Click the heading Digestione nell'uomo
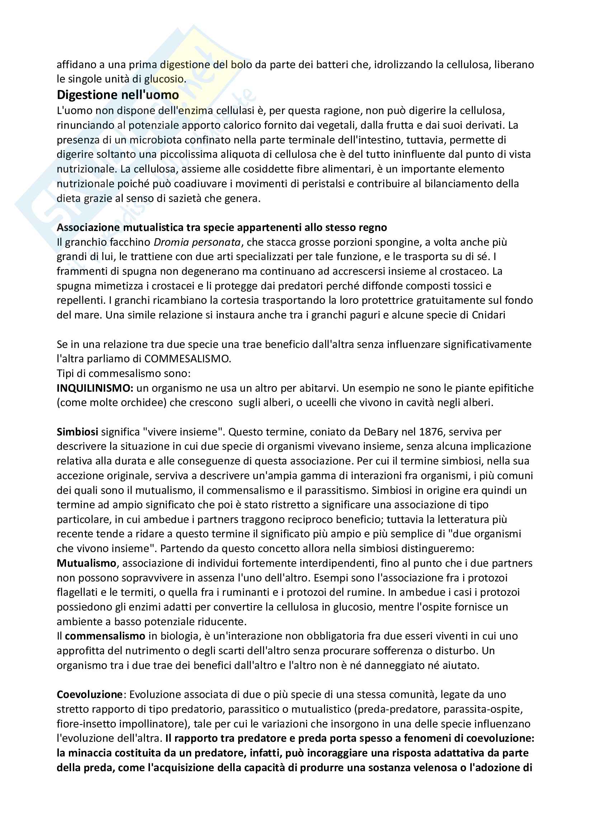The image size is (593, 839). pos(118,95)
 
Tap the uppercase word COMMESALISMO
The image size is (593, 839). pos(187,359)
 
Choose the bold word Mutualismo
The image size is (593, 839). pos(86,563)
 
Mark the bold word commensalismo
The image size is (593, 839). pos(105,636)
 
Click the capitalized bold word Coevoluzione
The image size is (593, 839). pos(90,695)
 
